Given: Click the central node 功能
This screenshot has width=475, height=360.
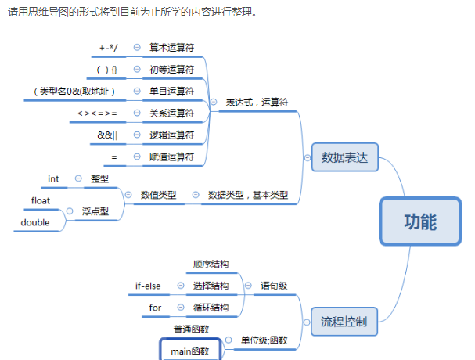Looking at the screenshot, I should click(420, 221).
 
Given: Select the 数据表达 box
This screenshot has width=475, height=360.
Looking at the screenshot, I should click(344, 157).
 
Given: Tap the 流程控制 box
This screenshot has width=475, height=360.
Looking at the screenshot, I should click(344, 319).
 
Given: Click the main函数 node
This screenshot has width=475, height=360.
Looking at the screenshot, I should click(190, 351).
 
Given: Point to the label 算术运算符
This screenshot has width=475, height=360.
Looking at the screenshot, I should click(171, 48).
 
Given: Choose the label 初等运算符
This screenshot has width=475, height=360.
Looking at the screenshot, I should click(171, 70).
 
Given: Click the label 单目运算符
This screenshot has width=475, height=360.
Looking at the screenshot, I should click(171, 92).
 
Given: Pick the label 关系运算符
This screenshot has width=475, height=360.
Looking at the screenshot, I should click(171, 113).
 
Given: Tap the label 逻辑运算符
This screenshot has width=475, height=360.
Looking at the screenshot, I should click(171, 135).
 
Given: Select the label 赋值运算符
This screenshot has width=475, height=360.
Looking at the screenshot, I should click(171, 157).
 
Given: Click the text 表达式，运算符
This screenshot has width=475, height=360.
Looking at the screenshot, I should click(257, 103).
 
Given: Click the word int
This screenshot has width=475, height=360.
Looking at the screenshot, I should click(53, 179).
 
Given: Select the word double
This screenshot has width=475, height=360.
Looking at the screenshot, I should click(35, 222).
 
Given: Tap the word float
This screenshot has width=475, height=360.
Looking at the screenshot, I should click(41, 201).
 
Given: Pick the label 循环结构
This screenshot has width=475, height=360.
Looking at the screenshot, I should click(211, 308).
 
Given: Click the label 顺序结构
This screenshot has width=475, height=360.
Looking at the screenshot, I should click(211, 265).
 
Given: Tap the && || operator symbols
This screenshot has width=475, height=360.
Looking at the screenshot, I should click(108, 135).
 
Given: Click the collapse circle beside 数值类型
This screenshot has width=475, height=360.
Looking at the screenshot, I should click(128, 195).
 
